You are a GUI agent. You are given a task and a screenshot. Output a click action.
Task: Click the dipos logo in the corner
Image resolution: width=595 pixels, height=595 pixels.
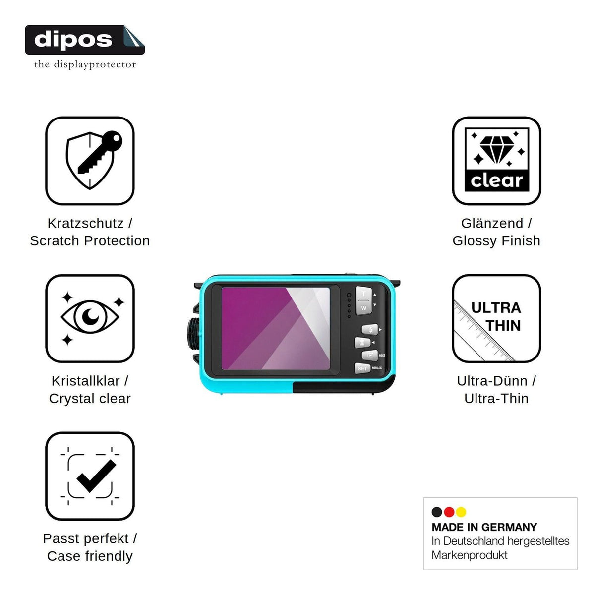85,40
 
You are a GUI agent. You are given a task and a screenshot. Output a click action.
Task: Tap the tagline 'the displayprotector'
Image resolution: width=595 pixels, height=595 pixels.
85,64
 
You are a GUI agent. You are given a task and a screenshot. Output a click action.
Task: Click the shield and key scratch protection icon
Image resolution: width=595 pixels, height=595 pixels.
90,161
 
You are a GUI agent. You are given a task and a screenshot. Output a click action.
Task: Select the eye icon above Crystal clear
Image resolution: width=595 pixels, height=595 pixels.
90,318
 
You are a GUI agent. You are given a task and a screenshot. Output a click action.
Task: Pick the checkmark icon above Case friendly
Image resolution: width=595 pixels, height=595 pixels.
90,476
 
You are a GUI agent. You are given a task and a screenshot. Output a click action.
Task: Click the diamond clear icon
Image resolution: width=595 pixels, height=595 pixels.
496,161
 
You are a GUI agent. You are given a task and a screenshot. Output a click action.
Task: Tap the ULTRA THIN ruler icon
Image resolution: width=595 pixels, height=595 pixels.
496,318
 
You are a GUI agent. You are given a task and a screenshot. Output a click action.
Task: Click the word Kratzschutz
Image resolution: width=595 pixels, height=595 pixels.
85,223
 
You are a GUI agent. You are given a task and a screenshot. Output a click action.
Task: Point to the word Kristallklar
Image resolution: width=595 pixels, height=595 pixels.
85,381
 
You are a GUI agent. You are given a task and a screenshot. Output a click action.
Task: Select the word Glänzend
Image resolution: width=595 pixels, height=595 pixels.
492,223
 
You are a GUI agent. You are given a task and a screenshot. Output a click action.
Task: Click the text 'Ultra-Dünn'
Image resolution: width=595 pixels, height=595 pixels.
492,381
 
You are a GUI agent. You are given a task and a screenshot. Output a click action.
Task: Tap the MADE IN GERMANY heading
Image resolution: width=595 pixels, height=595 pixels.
484,527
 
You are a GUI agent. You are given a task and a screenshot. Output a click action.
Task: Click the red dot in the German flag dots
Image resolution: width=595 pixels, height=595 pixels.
449,512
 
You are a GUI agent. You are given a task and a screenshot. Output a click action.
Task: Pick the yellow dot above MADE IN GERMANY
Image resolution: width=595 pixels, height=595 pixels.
461,512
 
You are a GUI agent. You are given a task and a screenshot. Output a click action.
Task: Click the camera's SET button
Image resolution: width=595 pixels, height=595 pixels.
362,368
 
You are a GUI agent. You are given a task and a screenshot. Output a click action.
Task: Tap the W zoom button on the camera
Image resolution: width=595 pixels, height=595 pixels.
364,308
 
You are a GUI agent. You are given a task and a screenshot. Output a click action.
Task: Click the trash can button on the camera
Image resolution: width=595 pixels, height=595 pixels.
362,343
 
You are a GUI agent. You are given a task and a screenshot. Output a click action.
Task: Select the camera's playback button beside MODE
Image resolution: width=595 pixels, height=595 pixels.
370,356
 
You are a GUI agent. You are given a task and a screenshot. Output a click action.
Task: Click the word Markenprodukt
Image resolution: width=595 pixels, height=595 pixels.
470,555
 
